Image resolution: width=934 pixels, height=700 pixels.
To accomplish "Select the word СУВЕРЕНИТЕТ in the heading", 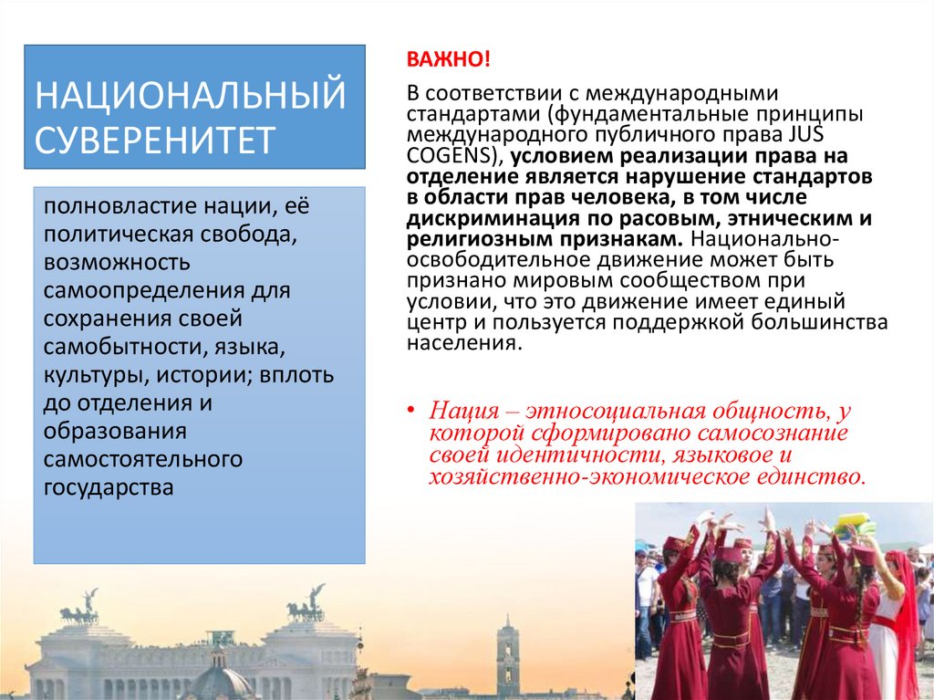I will [155, 140].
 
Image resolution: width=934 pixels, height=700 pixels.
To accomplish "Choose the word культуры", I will [92, 375].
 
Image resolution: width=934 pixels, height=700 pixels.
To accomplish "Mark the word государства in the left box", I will [109, 486].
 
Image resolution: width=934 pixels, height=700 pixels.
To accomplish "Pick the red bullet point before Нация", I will [411, 410].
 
